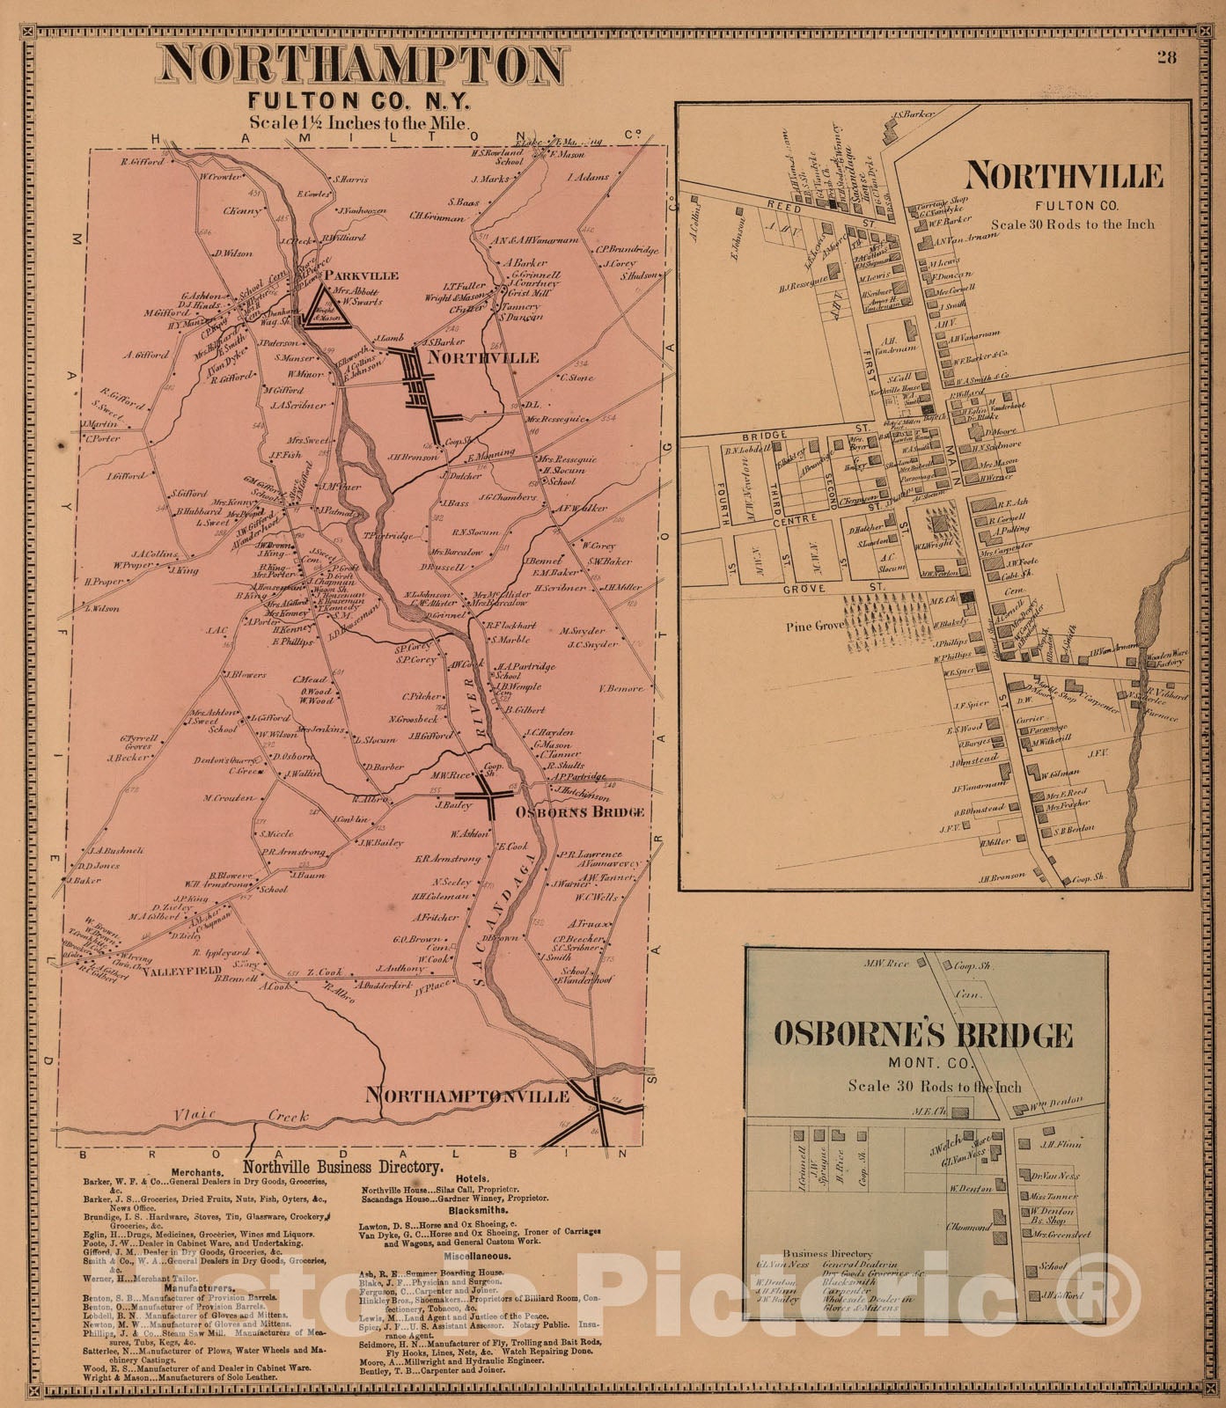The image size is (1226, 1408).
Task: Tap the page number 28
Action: tap(1167, 57)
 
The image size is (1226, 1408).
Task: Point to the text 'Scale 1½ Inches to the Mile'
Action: tap(360, 123)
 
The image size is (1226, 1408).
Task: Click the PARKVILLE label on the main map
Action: tap(361, 275)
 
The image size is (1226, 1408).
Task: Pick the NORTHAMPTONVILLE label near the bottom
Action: tap(467, 1096)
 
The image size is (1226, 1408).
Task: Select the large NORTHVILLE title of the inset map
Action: tap(1063, 176)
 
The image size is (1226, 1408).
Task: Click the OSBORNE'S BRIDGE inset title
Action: tap(922, 1034)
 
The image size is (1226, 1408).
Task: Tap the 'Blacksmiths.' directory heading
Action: tap(481, 1210)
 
